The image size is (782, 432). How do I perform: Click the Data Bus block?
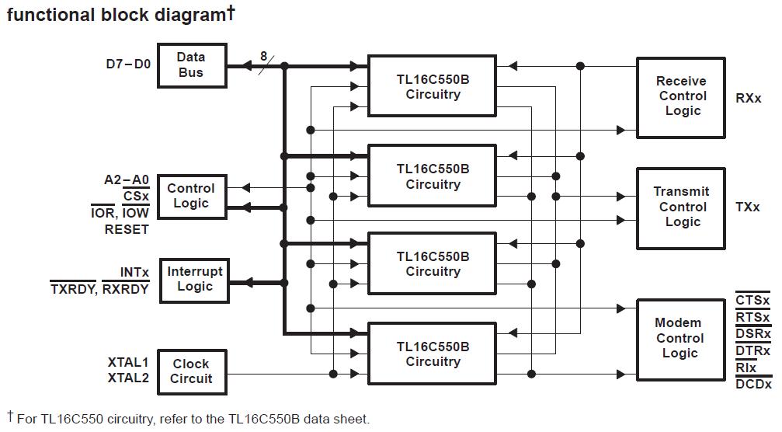click(x=191, y=65)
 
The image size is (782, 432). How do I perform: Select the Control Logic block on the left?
click(x=191, y=196)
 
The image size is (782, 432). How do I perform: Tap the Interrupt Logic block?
click(x=194, y=279)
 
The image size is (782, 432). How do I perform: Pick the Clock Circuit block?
click(x=191, y=371)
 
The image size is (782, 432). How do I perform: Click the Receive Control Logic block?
click(x=681, y=96)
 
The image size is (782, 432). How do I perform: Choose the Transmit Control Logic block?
click(x=681, y=207)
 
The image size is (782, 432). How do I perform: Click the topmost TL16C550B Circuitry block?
click(x=432, y=87)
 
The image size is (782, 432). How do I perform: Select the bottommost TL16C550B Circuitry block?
click(x=432, y=354)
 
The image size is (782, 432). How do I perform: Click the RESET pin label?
click(x=126, y=230)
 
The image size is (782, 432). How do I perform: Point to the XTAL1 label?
click(x=128, y=362)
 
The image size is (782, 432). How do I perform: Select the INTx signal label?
click(x=134, y=273)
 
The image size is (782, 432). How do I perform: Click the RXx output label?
click(x=749, y=99)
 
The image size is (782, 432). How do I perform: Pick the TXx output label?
click(x=749, y=207)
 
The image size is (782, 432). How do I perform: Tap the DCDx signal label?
click(x=753, y=385)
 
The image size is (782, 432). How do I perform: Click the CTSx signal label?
click(x=753, y=301)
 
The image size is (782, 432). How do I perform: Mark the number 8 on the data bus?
click(x=263, y=56)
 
